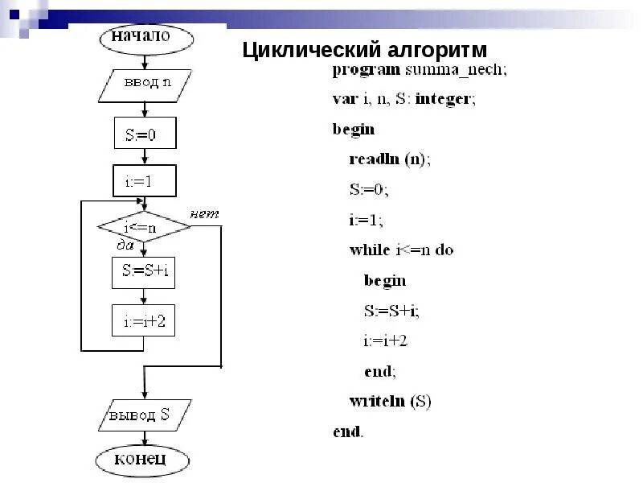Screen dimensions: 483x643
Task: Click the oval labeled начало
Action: coord(145,37)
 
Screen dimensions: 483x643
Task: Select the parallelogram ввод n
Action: coord(145,83)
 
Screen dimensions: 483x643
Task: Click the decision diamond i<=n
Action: coord(144,226)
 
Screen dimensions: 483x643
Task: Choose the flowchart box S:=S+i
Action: coord(143,272)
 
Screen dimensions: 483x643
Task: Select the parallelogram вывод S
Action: coord(145,416)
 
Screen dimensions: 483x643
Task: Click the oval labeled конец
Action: coord(143,460)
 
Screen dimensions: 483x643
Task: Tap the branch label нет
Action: coord(204,214)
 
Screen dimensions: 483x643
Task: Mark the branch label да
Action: coord(125,244)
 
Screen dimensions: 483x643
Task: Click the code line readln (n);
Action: coord(390,159)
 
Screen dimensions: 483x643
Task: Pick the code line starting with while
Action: coord(401,250)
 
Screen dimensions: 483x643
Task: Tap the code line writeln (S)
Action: coord(391,401)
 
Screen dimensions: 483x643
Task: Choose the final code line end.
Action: coord(348,431)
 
